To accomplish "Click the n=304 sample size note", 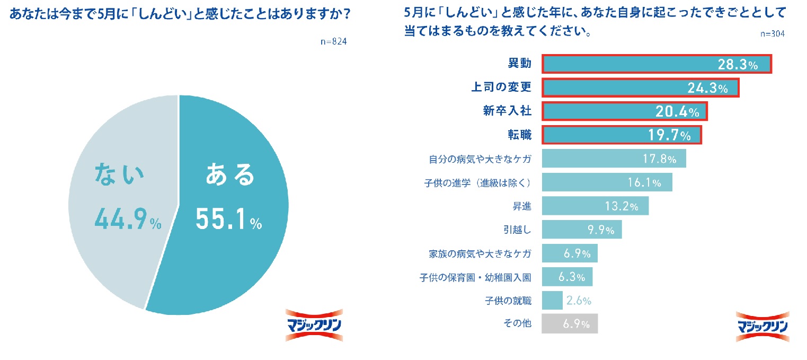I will [772, 33].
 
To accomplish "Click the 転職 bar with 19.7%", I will [622, 135].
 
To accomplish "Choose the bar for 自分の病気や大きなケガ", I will [614, 159].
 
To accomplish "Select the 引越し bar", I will [581, 230].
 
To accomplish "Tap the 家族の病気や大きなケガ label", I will [480, 253].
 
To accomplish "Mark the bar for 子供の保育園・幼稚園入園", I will [567, 277].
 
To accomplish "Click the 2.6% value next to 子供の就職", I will [578, 301].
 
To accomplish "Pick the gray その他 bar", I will [569, 324].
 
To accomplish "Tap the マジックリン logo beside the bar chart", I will [762, 326].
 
